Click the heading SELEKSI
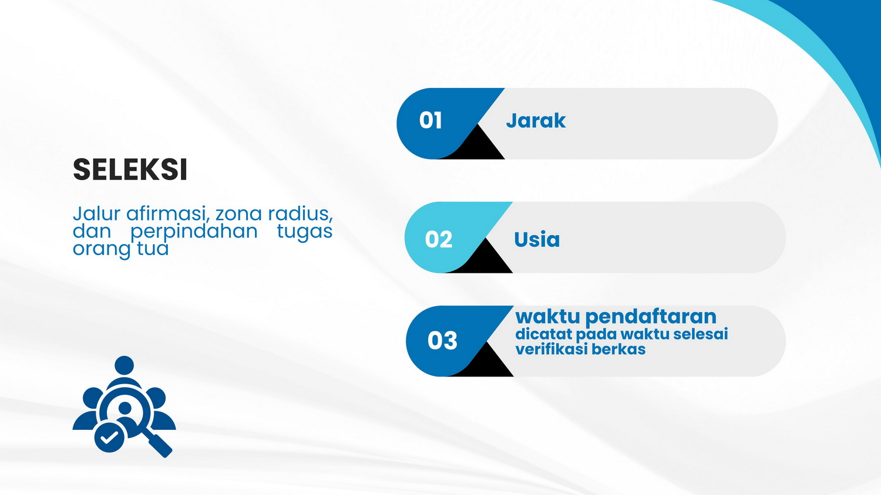tap(130, 169)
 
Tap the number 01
tap(431, 120)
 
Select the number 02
tap(439, 239)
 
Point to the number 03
tap(442, 340)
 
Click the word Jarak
tap(536, 120)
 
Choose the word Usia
tap(537, 239)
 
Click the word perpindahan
tap(194, 232)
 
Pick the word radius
tap(300, 213)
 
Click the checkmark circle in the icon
tap(110, 438)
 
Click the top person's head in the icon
tap(125, 366)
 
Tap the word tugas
tap(305, 232)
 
